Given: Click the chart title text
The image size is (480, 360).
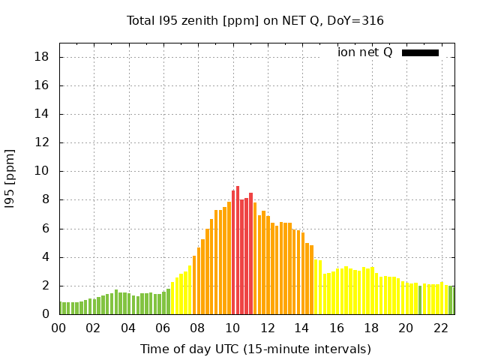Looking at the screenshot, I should coord(255,20).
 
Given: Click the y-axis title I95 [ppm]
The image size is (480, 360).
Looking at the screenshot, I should coord(10,178).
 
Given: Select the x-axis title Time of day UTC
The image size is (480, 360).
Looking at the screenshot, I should coord(255,349).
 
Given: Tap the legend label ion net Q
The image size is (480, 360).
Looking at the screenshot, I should coord(365,52).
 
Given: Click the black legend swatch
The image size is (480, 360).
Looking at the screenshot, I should coord(420,52).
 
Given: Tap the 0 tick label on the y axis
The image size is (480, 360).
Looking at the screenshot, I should coord(46,314).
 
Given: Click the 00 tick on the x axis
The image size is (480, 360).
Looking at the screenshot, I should coord(59,328).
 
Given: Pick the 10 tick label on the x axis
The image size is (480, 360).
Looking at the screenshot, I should coord(232,328).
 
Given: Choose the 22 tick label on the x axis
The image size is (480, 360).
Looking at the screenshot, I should coord(440,328).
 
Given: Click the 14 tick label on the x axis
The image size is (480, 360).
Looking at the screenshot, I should coord(301,328).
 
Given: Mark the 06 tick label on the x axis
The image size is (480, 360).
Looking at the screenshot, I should coord(163,328).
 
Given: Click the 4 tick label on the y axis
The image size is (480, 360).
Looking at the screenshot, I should coord(46,257).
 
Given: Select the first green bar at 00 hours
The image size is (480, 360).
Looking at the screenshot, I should coord(61,308).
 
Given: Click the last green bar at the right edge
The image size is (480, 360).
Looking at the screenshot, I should coord(451,300).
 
